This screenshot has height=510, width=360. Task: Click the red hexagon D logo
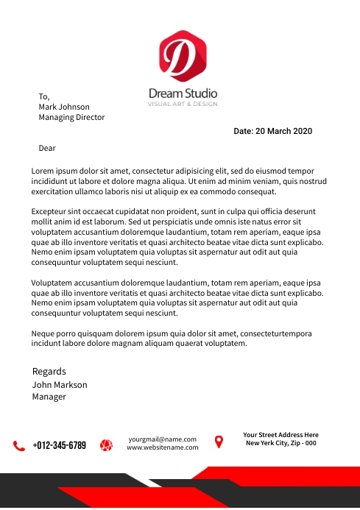(183, 55)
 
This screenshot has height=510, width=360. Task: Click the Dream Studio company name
(183, 93)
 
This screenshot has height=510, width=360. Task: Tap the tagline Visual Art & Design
(183, 105)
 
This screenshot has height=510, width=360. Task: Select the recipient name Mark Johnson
(64, 107)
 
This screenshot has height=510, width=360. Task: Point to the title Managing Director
(71, 118)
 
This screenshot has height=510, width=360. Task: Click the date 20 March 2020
(273, 132)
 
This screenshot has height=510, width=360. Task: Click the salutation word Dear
(47, 148)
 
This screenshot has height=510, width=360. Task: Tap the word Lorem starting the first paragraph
(44, 171)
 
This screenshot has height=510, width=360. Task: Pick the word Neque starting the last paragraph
(44, 333)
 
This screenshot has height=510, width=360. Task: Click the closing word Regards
(49, 372)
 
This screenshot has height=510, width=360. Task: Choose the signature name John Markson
(60, 385)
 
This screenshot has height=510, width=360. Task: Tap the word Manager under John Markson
(49, 397)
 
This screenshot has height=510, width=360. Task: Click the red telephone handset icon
(19, 445)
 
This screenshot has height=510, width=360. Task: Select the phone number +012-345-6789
(60, 445)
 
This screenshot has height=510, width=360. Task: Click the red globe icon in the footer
(106, 445)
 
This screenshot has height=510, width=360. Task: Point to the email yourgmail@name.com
(162, 439)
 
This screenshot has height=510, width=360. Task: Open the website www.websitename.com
(162, 447)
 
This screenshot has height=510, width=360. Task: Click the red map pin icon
(219, 442)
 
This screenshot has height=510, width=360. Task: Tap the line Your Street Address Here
(280, 435)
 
